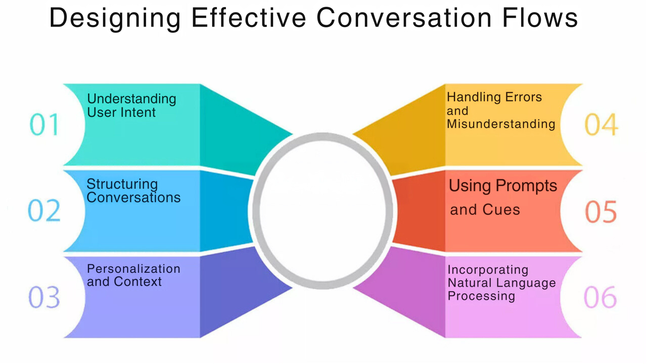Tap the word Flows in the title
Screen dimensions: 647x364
(x=540, y=18)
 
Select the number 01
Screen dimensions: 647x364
(x=44, y=124)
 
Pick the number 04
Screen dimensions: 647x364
(x=601, y=124)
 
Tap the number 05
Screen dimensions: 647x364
(x=601, y=212)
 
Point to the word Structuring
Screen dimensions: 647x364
(x=122, y=184)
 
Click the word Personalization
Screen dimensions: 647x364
(x=134, y=269)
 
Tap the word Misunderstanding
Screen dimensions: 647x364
(x=501, y=124)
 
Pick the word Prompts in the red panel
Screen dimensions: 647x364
(x=526, y=186)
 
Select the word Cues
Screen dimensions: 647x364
(x=501, y=209)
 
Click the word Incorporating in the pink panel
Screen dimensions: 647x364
(x=488, y=270)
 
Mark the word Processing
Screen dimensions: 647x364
(x=481, y=296)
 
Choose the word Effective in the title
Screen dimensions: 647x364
(x=249, y=18)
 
